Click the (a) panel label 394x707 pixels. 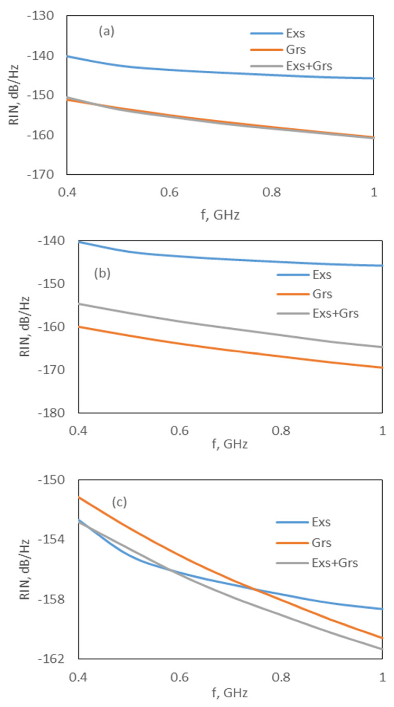coord(106,32)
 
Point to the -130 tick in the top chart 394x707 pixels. coord(41,16)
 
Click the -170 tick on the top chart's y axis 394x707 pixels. coord(41,175)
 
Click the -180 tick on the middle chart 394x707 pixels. coord(51,413)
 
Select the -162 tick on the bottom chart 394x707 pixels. coord(51,659)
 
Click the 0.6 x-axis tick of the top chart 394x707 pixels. coord(169,192)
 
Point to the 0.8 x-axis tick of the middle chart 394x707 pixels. coord(281,431)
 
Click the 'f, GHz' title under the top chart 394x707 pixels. coord(220,215)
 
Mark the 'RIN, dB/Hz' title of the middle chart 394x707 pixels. coord(25,327)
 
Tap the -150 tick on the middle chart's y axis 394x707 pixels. coord(51,284)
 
